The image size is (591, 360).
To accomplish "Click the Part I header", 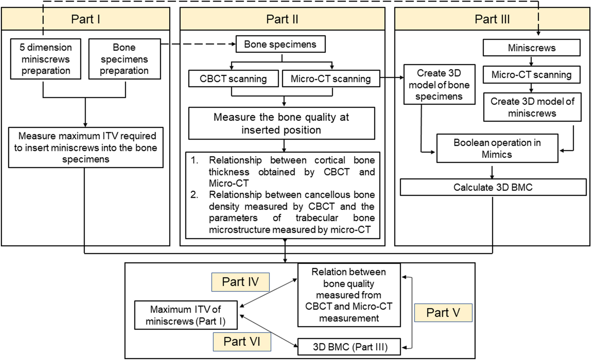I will (86, 19).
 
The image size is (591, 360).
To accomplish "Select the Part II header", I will (282, 19).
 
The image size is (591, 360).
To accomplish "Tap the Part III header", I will (492, 19).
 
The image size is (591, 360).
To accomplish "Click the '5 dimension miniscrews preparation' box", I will (46, 59).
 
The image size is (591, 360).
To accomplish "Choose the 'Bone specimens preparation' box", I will (124, 59).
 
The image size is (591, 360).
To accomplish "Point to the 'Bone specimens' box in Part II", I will (280, 44).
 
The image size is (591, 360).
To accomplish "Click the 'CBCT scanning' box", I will (233, 79).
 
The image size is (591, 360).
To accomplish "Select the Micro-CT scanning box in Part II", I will (331, 79).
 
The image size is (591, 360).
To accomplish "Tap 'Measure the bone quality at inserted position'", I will (282, 123).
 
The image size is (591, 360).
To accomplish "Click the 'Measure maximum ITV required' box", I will (86, 148).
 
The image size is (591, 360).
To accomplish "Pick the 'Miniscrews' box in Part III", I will (532, 48).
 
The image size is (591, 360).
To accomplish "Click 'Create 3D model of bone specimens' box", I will (439, 85).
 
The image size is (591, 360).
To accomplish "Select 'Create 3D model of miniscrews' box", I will (532, 107).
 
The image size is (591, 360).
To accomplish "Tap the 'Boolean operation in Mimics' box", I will (497, 148).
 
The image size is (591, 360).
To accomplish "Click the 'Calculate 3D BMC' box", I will (493, 187).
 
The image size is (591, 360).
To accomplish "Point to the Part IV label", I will (240, 282).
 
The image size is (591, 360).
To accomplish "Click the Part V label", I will (443, 313).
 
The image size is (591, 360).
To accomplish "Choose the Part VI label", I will (242, 342).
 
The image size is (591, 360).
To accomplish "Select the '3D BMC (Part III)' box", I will (349, 347).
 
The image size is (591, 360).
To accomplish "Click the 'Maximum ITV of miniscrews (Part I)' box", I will (186, 315).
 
